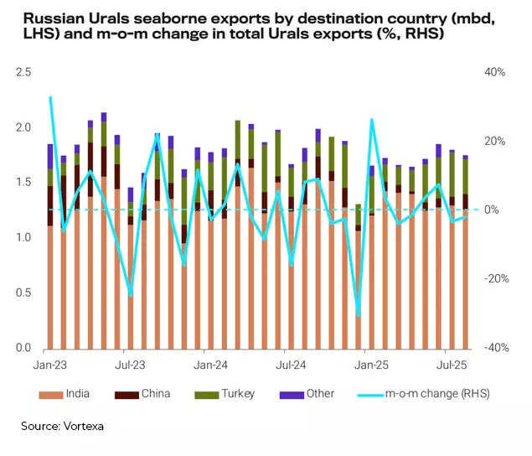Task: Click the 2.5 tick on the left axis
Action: click(23, 73)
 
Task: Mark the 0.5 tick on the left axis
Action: click(23, 293)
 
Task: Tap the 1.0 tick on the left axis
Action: click(23, 238)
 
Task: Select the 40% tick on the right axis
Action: click(494, 73)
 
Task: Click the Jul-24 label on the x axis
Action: click(290, 365)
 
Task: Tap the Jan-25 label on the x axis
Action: click(371, 365)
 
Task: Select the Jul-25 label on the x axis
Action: click(453, 365)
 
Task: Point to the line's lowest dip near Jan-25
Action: click(359, 314)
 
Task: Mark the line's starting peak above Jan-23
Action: click(50, 97)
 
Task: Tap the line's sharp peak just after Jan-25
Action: click(371, 119)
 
